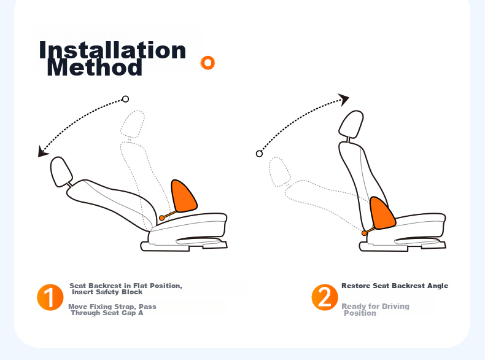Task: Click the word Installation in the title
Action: [112, 50]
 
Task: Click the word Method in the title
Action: [95, 67]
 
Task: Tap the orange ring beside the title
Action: [208, 63]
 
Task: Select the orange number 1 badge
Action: [50, 297]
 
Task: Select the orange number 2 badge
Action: [325, 297]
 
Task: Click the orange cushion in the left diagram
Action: [183, 196]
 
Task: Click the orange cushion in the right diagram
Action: [382, 214]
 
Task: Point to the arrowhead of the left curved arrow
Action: [43, 151]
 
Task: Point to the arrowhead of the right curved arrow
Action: [344, 100]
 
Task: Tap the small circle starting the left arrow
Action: [125, 99]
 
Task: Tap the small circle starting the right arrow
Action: [259, 154]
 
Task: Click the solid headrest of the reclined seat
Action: [61, 172]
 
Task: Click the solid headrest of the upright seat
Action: [351, 124]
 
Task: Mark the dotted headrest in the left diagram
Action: [133, 124]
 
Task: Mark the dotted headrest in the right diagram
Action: [279, 172]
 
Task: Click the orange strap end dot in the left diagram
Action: [162, 218]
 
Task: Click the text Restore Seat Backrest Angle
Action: [395, 286]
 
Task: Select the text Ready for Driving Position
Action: [375, 310]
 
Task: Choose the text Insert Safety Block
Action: [107, 292]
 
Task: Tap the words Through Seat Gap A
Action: [107, 313]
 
